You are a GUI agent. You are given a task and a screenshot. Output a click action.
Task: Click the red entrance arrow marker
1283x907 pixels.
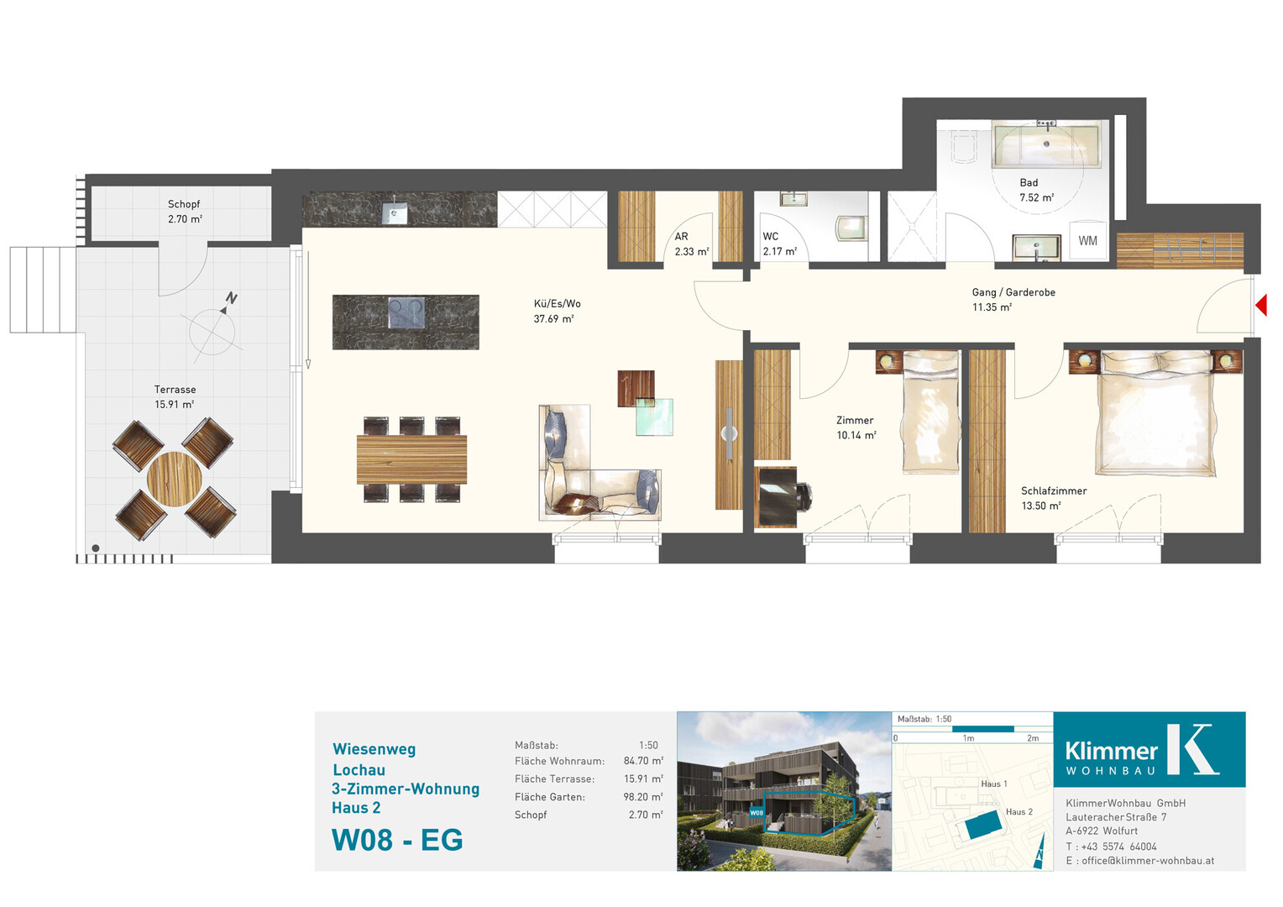[1261, 305]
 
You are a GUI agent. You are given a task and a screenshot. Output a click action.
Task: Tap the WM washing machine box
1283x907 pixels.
[1087, 241]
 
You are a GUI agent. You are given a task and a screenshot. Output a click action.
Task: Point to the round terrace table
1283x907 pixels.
[175, 479]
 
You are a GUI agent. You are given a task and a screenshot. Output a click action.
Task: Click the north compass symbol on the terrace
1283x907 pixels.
[213, 328]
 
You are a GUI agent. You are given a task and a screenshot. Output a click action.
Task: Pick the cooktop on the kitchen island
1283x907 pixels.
[406, 313]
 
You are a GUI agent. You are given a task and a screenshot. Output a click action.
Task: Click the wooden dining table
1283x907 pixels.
[411, 459]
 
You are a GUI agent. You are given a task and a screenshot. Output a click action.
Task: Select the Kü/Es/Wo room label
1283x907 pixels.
[557, 304]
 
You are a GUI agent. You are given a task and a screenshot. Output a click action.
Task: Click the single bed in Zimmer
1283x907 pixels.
[930, 412]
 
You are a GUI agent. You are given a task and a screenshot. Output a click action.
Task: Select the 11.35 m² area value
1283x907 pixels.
[992, 307]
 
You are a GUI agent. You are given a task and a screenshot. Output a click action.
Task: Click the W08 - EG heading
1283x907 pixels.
[397, 840]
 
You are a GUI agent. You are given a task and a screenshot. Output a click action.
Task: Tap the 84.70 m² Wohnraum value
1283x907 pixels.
[643, 761]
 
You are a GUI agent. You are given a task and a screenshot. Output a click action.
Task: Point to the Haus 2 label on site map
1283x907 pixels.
[1019, 812]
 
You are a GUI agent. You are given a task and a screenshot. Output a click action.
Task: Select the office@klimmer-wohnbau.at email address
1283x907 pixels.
[1148, 861]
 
